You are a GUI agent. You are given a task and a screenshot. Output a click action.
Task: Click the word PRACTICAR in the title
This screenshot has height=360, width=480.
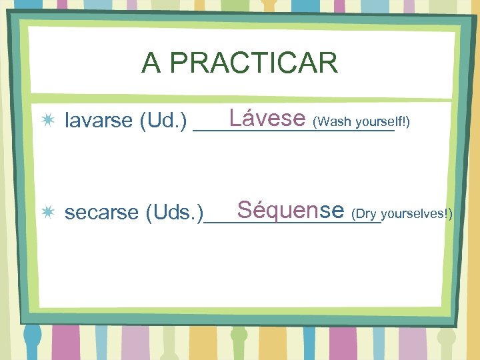(253, 63)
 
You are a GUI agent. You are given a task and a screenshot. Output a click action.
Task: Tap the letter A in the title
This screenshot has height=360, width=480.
(151, 63)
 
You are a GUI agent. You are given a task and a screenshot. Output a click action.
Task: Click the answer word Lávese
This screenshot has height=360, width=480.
(266, 119)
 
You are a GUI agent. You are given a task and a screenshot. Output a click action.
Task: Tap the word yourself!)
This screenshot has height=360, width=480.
(383, 123)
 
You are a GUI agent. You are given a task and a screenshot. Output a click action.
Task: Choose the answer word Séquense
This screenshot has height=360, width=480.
(290, 210)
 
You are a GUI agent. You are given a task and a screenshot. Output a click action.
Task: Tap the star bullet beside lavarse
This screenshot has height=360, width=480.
(49, 121)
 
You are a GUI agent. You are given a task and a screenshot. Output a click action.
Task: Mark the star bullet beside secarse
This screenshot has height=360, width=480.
(49, 212)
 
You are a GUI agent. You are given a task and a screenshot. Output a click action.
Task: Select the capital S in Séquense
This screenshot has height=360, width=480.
(244, 210)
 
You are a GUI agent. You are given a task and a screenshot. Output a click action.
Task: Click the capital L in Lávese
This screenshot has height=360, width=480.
(233, 119)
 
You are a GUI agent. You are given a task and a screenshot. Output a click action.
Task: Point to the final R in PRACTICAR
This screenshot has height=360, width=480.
(329, 63)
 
